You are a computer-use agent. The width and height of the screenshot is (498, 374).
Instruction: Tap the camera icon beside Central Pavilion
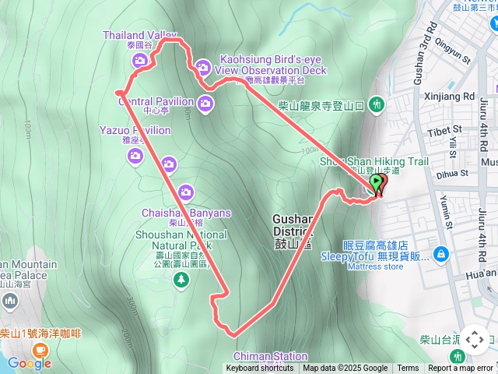(206, 104)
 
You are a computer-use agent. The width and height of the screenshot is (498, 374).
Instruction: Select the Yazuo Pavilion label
(135, 130)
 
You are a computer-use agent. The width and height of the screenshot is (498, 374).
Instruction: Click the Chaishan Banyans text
(186, 213)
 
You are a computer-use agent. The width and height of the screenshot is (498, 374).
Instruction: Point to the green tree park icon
(183, 280)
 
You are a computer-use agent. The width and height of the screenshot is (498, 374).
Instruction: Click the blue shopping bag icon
(441, 254)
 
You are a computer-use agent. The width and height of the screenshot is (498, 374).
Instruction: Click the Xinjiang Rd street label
(451, 97)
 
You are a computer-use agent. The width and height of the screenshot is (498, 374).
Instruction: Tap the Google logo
(29, 363)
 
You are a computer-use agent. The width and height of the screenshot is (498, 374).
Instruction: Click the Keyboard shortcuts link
(260, 369)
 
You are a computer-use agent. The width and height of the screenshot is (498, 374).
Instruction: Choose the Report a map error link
(461, 369)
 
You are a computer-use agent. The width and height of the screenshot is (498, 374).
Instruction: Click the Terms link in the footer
(408, 369)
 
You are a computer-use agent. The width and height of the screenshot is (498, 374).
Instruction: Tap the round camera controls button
(475, 339)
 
